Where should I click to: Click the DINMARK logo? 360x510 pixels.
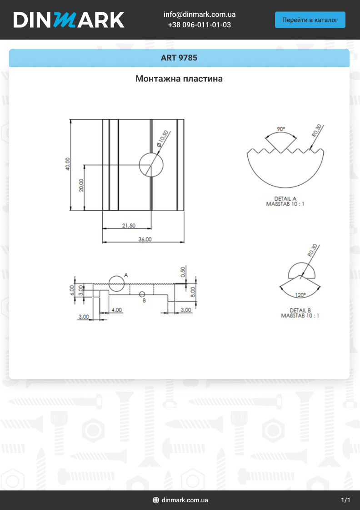tap(69, 20)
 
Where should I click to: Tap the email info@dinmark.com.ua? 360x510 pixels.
tap(200, 15)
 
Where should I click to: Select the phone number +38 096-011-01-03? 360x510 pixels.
tap(200, 25)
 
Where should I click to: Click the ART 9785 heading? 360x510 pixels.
tap(179, 58)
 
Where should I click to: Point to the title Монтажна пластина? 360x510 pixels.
tap(179, 79)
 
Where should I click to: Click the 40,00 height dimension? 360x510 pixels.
tap(68, 164)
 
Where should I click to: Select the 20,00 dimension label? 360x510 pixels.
tap(81, 185)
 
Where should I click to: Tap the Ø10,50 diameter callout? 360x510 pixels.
tap(162, 139)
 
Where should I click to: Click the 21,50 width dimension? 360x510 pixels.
tap(129, 226)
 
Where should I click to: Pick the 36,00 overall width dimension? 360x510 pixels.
tap(145, 239)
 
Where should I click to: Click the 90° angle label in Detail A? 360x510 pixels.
tap(280, 129)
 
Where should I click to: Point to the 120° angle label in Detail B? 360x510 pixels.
tap(300, 295)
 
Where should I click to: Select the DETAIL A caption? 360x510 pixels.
tap(285, 199)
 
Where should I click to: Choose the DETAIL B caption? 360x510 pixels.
tap(300, 310)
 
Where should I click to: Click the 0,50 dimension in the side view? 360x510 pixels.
tap(183, 272)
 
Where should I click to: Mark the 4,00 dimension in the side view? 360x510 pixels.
tap(116, 310)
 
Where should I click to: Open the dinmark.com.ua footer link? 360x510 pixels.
tap(185, 500)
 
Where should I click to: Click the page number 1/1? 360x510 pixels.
tap(345, 500)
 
